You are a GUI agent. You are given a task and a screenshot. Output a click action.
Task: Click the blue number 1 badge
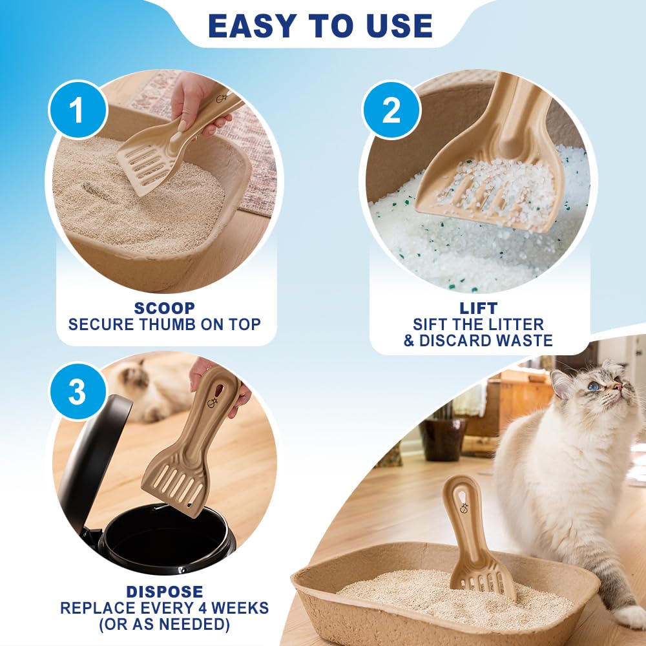click(77, 109)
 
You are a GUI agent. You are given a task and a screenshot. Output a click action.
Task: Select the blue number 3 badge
click(77, 392)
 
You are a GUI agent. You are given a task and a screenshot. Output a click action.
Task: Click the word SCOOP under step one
click(164, 309)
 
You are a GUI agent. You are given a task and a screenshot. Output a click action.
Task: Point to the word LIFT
click(478, 309)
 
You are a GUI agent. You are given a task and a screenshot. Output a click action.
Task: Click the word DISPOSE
click(164, 592)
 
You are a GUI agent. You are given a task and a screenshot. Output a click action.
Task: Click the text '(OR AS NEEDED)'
click(164, 624)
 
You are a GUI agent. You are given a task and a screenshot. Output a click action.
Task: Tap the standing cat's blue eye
click(593, 386)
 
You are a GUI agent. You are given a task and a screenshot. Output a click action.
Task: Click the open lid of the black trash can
click(90, 452)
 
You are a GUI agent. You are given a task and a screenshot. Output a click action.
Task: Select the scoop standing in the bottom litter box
click(475, 536)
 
